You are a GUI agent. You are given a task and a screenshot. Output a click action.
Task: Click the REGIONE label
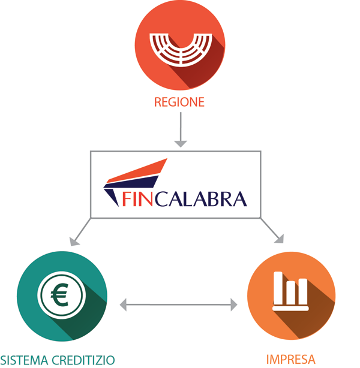[179, 102]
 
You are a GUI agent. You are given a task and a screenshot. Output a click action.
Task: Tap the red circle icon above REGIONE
[179, 46]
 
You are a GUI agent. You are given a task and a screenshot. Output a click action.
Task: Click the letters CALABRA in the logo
[203, 198]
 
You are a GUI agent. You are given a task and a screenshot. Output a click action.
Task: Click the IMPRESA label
[290, 360]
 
